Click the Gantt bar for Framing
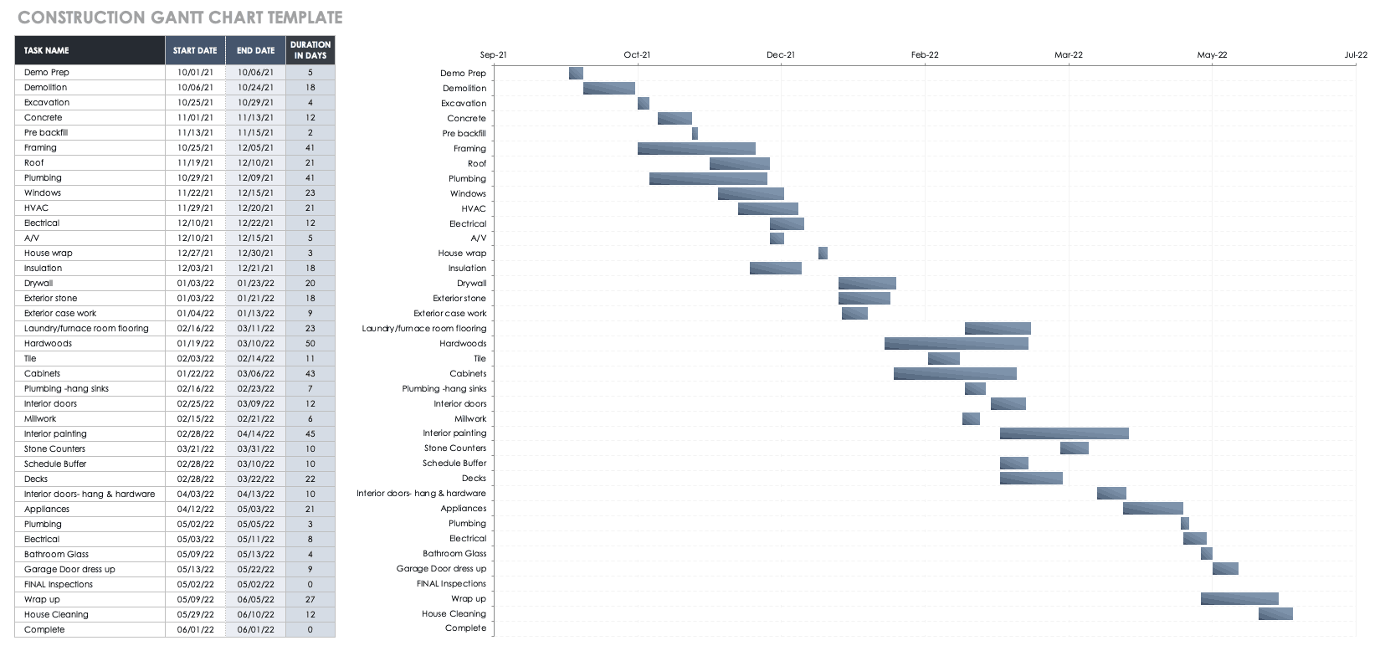point(696,148)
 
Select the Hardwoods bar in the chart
point(956,343)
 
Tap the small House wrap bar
point(823,253)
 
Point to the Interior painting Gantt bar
point(1064,433)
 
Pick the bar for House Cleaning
point(1275,614)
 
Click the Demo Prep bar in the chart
point(576,73)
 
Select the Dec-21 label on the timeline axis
point(781,55)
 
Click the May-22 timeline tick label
point(1212,55)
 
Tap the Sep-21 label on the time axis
point(493,55)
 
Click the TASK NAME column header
point(47,50)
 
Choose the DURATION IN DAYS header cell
point(310,50)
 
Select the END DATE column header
point(255,50)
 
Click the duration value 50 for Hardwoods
point(310,343)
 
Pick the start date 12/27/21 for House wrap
point(195,253)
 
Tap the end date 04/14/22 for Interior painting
point(255,433)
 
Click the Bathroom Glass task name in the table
point(56,554)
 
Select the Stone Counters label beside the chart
point(454,448)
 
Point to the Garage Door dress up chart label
point(441,569)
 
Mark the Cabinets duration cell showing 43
point(310,373)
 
